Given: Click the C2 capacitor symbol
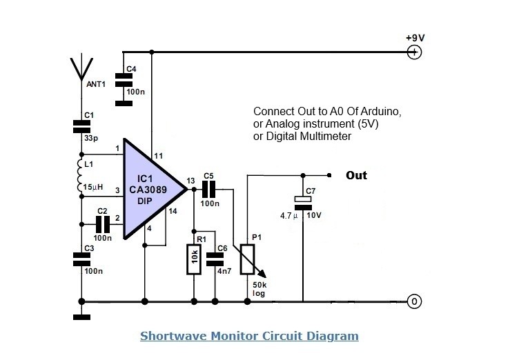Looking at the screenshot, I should coord(103,223).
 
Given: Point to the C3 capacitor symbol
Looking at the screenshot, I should coord(81,259).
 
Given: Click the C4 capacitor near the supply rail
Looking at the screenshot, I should coord(124,81).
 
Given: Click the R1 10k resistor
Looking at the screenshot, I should coord(195,259).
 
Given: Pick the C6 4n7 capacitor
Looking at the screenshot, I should coord(216,259).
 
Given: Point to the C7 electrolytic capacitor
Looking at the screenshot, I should coord(302,201).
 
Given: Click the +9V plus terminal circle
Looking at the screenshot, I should coord(414,52).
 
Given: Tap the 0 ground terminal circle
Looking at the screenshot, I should coord(414,301).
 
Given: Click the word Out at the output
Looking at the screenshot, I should coord(356,176).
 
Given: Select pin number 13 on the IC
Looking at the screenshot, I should coord(191,181).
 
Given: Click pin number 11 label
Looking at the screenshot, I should coord(159,157).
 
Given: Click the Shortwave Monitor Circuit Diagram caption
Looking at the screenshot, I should coord(249,337).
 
